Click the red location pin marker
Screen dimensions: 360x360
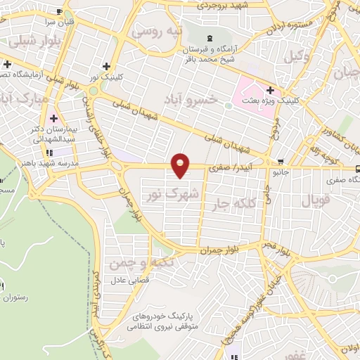tap(181, 165)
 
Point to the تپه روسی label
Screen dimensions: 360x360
tap(157, 31)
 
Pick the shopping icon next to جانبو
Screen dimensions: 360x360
tap(281, 160)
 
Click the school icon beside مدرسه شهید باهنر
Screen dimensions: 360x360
tap(48, 153)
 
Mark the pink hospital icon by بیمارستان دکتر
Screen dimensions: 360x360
tap(53, 116)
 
